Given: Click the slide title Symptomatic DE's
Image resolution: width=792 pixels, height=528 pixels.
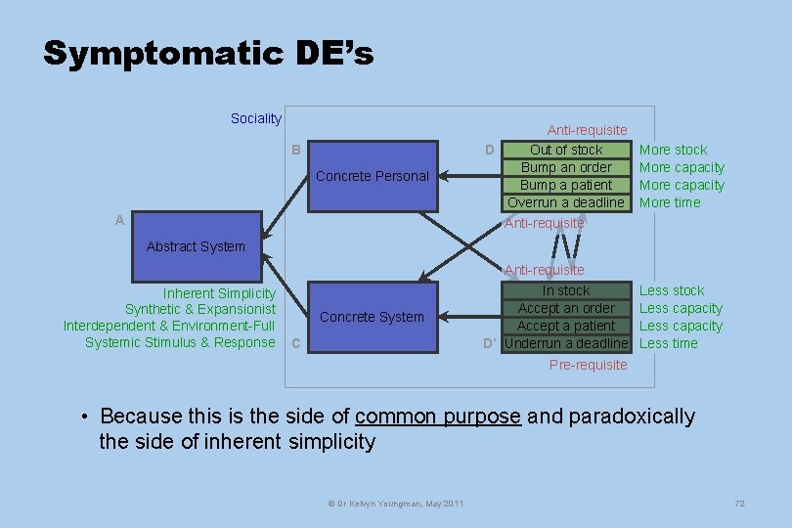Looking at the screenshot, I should click(x=208, y=53).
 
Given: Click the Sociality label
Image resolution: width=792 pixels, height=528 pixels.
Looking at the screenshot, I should click(x=255, y=118).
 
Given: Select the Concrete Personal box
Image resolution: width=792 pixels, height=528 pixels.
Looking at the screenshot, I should click(x=373, y=176).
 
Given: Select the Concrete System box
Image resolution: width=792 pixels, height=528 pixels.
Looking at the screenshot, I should click(x=373, y=317).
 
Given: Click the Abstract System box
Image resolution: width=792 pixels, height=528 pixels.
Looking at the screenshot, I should click(x=196, y=246).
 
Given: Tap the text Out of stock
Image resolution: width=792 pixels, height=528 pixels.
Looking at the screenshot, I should click(x=566, y=150).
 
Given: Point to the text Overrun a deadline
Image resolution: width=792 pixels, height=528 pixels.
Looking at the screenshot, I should click(x=565, y=202).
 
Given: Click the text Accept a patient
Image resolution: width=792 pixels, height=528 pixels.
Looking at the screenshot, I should click(x=566, y=326).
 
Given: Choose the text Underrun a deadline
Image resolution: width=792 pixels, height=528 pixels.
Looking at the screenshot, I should click(x=566, y=343).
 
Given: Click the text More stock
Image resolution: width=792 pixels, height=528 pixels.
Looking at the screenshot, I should click(x=673, y=150).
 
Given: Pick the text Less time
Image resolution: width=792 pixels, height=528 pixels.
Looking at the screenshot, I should click(x=669, y=343).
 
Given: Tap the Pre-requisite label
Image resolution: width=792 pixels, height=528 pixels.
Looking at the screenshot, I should click(x=588, y=365).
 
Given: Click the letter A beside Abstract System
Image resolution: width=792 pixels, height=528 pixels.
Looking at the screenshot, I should click(x=119, y=221).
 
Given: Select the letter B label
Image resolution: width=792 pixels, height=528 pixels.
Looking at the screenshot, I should click(x=295, y=150).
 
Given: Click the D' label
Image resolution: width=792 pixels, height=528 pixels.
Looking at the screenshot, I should click(x=491, y=343).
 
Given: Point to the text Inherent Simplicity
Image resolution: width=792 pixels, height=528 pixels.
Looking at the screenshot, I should click(x=219, y=293).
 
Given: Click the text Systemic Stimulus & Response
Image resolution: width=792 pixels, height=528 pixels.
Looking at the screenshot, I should click(x=180, y=342).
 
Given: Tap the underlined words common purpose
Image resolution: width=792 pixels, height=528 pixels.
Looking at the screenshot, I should click(x=437, y=417).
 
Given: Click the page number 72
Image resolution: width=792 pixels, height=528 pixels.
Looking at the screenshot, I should click(x=739, y=503).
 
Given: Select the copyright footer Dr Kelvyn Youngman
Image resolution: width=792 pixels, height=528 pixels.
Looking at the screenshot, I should click(x=395, y=503).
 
